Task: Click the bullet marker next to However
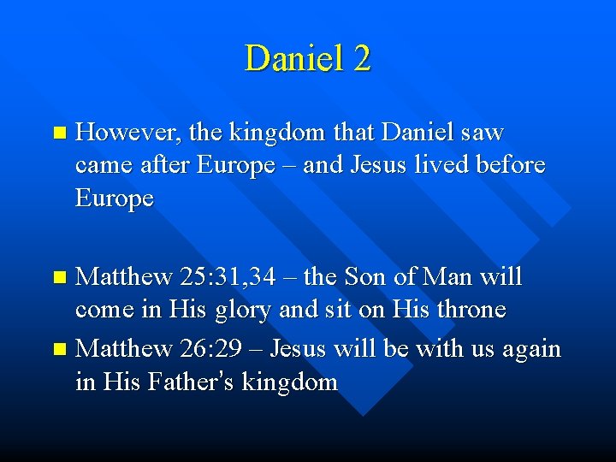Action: [x=58, y=133]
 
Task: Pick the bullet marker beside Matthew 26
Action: [x=58, y=350]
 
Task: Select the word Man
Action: [x=452, y=277]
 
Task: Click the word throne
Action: [x=465, y=310]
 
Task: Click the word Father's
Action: [x=188, y=382]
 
